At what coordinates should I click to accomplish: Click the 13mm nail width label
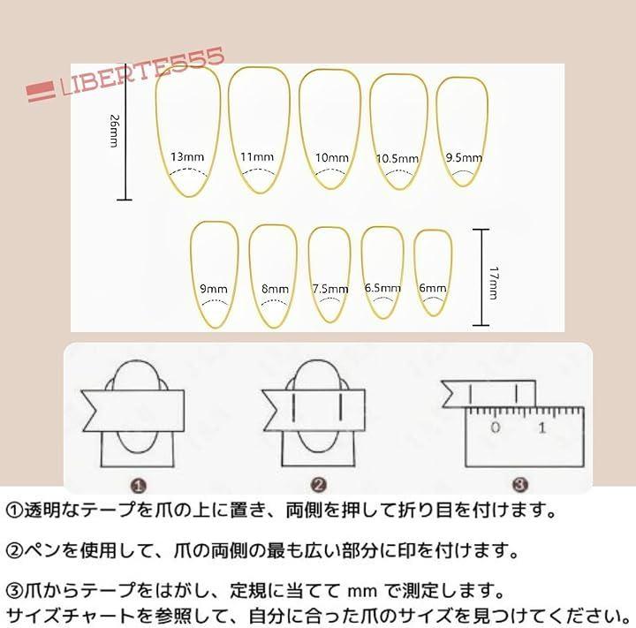187,156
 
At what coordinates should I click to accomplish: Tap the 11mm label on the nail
257,156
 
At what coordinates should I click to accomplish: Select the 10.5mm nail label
397,158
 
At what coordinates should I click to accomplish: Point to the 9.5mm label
464,157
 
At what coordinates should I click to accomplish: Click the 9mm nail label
214,289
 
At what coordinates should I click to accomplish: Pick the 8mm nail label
275,289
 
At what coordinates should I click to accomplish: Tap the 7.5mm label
330,289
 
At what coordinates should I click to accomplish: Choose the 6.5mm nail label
382,288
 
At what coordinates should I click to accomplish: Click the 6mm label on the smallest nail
433,288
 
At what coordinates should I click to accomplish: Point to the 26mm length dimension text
115,131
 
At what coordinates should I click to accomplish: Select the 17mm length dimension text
494,284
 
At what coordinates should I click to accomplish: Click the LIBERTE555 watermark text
142,72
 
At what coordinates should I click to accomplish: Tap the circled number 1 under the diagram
139,486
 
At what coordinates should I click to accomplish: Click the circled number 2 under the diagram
319,485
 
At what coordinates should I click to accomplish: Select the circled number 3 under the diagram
520,484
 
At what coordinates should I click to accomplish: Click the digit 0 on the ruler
496,427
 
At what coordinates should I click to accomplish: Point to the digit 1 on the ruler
542,427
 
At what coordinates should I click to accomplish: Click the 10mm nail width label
332,157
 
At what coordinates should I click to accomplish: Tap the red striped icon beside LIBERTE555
41,91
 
